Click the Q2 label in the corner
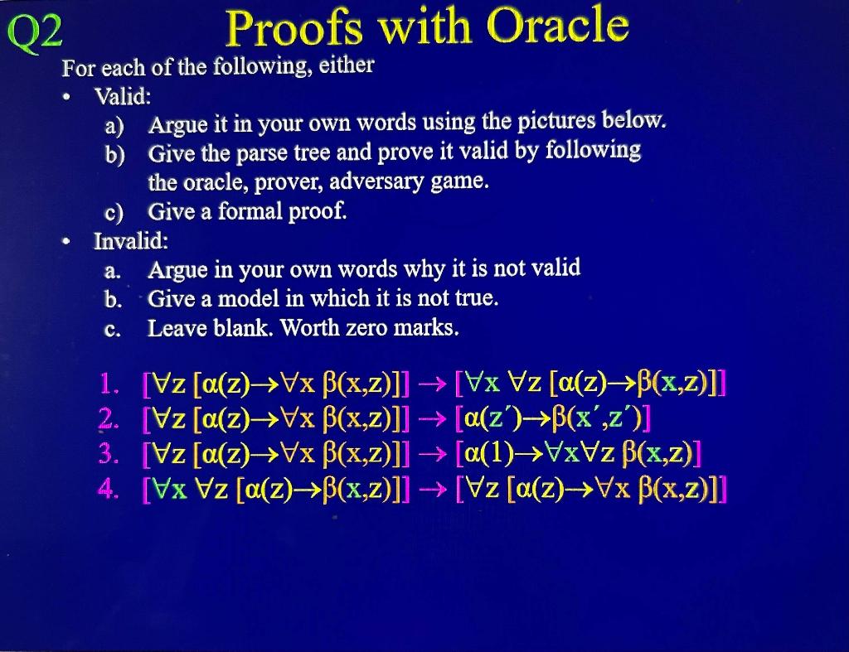(x=34, y=33)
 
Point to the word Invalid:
(x=131, y=242)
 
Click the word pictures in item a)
(x=562, y=123)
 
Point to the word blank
(x=233, y=328)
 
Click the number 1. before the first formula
(x=110, y=384)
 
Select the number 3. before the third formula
(x=110, y=453)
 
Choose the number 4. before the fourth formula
(x=110, y=488)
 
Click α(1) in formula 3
(x=487, y=454)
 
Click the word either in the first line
(x=346, y=65)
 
